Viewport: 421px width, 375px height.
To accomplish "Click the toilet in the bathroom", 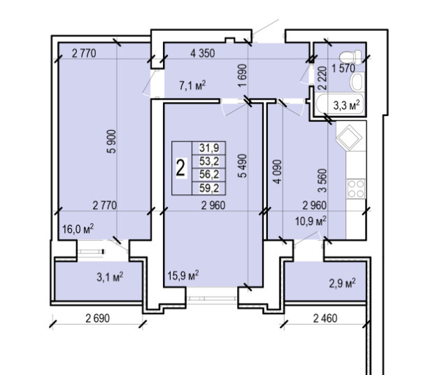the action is [350, 57].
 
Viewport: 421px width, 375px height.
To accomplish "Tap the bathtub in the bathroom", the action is [339, 104].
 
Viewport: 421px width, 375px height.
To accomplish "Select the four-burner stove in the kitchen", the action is [356, 189].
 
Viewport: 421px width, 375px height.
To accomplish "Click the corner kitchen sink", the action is [348, 138].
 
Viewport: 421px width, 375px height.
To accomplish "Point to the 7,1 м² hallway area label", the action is [192, 85].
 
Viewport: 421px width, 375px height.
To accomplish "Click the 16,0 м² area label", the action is [78, 229].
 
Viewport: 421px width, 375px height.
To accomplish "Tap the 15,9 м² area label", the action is [183, 276].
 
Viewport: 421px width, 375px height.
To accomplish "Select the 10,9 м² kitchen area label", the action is [311, 221].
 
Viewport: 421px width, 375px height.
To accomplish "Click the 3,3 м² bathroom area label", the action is [346, 106].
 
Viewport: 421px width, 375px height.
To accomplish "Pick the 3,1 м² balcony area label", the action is [110, 277].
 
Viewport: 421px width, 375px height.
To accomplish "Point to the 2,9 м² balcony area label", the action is [343, 283].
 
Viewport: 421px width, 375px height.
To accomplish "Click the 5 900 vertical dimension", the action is [112, 141].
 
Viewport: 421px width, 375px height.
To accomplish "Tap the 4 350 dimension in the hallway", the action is [202, 53].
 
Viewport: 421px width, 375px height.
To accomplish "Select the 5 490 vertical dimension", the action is [243, 166].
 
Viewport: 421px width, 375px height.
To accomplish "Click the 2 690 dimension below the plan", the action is [98, 318].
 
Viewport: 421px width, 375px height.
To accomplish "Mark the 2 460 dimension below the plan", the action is [325, 318].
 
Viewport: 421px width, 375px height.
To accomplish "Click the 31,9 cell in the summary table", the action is [209, 148].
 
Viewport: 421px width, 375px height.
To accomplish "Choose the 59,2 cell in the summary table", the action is [209, 188].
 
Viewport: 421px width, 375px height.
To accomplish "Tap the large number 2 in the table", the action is [181, 168].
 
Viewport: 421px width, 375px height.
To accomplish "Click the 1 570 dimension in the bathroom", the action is [343, 69].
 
